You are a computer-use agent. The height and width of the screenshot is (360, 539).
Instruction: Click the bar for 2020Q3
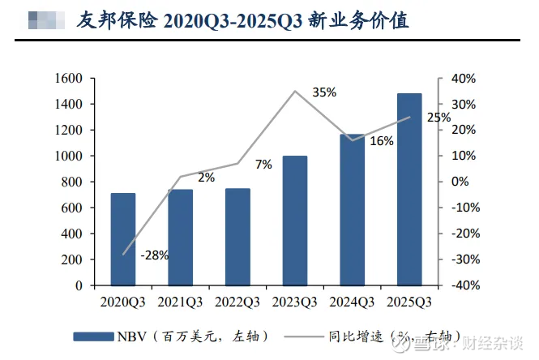(123, 239)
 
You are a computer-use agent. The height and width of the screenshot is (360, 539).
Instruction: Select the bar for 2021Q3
(180, 238)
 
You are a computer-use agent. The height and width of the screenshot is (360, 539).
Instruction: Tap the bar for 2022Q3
(237, 237)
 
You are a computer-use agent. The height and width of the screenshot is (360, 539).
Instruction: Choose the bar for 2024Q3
(352, 210)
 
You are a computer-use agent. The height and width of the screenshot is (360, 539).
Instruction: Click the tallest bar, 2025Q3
(409, 190)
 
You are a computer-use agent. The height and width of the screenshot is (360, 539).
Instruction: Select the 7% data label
(263, 165)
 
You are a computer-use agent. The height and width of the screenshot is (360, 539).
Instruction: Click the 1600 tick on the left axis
(71, 79)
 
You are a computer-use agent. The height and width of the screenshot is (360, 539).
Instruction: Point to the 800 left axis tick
(75, 182)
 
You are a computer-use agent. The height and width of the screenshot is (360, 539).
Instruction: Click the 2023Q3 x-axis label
(295, 302)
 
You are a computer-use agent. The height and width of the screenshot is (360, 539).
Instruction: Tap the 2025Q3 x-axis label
(409, 302)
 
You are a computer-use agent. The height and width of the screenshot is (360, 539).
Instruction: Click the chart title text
(242, 20)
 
